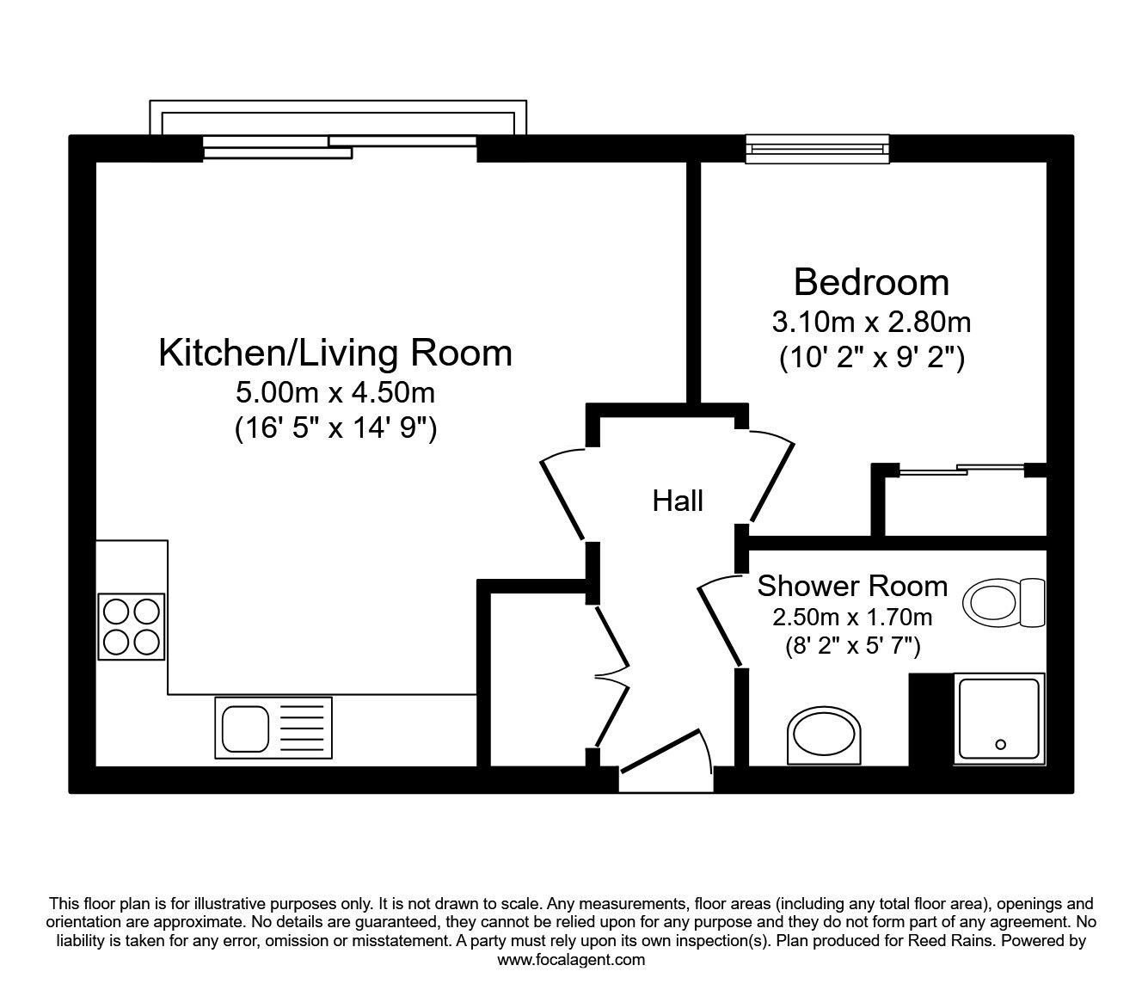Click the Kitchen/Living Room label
tap(335, 354)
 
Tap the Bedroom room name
tap(871, 282)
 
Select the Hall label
tap(678, 501)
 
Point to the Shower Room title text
tap(851, 586)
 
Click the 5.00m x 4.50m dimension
tap(335, 393)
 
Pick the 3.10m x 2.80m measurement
tap(871, 322)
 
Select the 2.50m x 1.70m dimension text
tap(851, 617)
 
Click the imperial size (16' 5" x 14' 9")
tap(335, 427)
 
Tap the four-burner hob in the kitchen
tap(132, 626)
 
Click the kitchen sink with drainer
tap(273, 728)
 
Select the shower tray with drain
tap(999, 718)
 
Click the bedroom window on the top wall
tap(817, 149)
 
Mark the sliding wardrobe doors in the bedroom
tap(961, 470)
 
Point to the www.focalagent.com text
tap(571, 960)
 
